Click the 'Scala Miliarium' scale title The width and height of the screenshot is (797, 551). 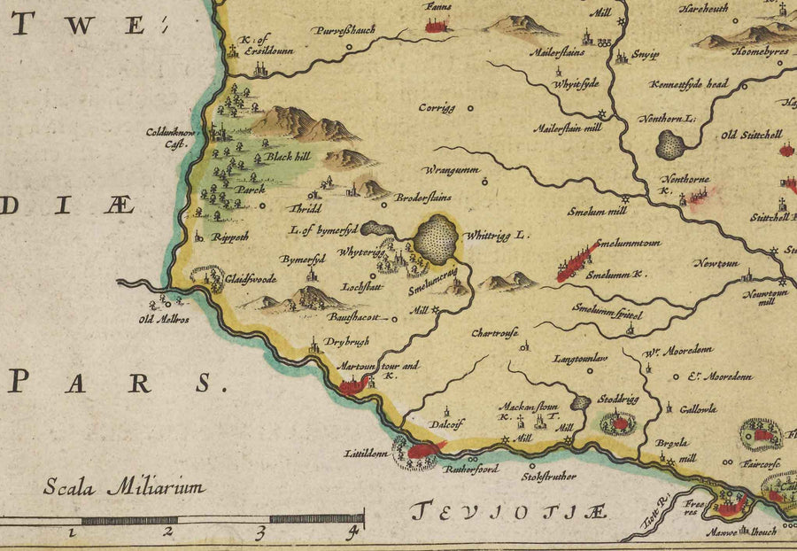[x=124, y=486]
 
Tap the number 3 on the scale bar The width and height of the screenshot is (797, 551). [x=260, y=532]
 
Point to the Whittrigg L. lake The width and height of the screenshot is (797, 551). [x=436, y=238]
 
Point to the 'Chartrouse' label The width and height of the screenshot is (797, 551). [x=493, y=334]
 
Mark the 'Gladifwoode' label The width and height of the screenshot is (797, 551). [x=251, y=278]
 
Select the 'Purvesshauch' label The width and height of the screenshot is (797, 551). [x=343, y=30]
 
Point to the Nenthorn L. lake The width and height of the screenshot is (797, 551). [x=671, y=144]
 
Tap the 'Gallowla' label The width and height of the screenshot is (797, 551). [x=698, y=409]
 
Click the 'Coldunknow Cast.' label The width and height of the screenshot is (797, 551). [x=175, y=137]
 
